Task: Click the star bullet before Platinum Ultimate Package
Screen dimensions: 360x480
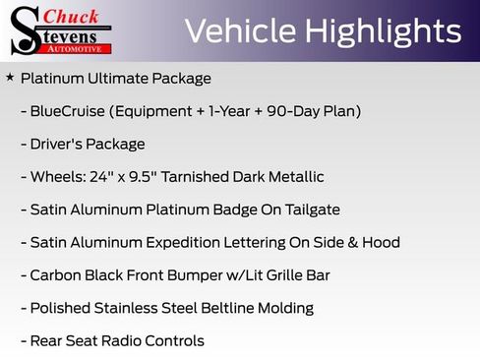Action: [10, 77]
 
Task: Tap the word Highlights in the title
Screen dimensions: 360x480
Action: [385, 31]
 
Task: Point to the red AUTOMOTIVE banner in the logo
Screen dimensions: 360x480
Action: [83, 47]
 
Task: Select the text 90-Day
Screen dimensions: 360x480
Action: [292, 111]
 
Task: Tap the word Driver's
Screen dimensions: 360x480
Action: [57, 144]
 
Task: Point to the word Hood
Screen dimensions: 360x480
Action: [380, 243]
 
